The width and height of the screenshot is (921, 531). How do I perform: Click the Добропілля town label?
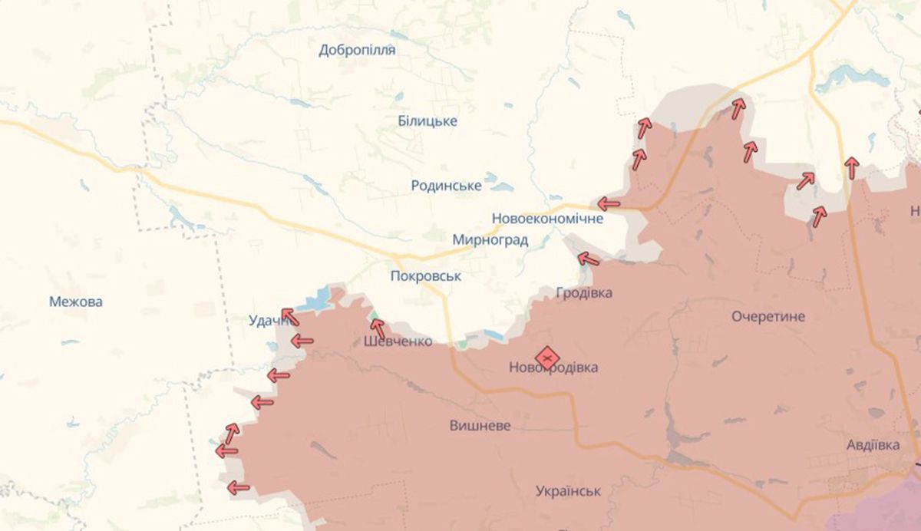point(357,51)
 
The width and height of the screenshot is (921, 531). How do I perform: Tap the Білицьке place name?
point(427,121)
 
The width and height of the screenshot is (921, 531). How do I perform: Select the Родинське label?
point(446,186)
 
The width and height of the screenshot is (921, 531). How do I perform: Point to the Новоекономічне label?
point(547,219)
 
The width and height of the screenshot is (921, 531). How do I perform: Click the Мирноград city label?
point(490,240)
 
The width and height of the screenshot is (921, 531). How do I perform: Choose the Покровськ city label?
point(425,276)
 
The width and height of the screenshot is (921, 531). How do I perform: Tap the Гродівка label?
point(584,293)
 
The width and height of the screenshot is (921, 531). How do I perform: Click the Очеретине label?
point(767,316)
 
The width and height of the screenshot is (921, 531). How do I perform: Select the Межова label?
point(75,302)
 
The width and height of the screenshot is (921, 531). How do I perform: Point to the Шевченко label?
point(398,341)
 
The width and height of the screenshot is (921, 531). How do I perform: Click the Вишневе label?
point(480,426)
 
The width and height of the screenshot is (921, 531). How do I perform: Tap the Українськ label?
point(568,491)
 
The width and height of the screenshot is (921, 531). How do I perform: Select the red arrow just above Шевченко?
point(378,328)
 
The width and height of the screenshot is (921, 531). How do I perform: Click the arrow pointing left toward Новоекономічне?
point(609,204)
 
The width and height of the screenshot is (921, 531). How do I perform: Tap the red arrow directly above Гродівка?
point(588,259)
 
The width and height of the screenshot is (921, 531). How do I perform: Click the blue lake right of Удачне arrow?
point(315,302)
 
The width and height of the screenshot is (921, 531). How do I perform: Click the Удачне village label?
point(267,322)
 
